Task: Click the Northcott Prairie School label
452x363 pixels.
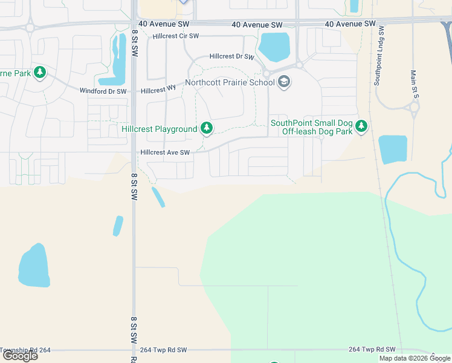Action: point(230,82)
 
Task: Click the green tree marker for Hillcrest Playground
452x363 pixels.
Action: point(207,127)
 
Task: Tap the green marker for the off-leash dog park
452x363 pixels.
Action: point(361,126)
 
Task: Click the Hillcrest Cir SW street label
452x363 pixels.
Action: point(176,36)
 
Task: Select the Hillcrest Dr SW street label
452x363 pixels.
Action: point(231,56)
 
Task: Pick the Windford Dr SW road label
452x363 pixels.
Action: point(103,91)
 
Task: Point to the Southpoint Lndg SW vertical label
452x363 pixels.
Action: point(381,56)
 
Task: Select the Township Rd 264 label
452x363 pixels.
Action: point(25,350)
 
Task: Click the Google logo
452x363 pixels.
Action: point(20,356)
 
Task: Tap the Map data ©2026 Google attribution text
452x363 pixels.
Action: point(415,358)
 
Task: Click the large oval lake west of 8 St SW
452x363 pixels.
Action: point(33,266)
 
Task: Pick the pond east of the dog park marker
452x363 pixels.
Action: point(392,149)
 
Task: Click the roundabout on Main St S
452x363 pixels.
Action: point(414,109)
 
